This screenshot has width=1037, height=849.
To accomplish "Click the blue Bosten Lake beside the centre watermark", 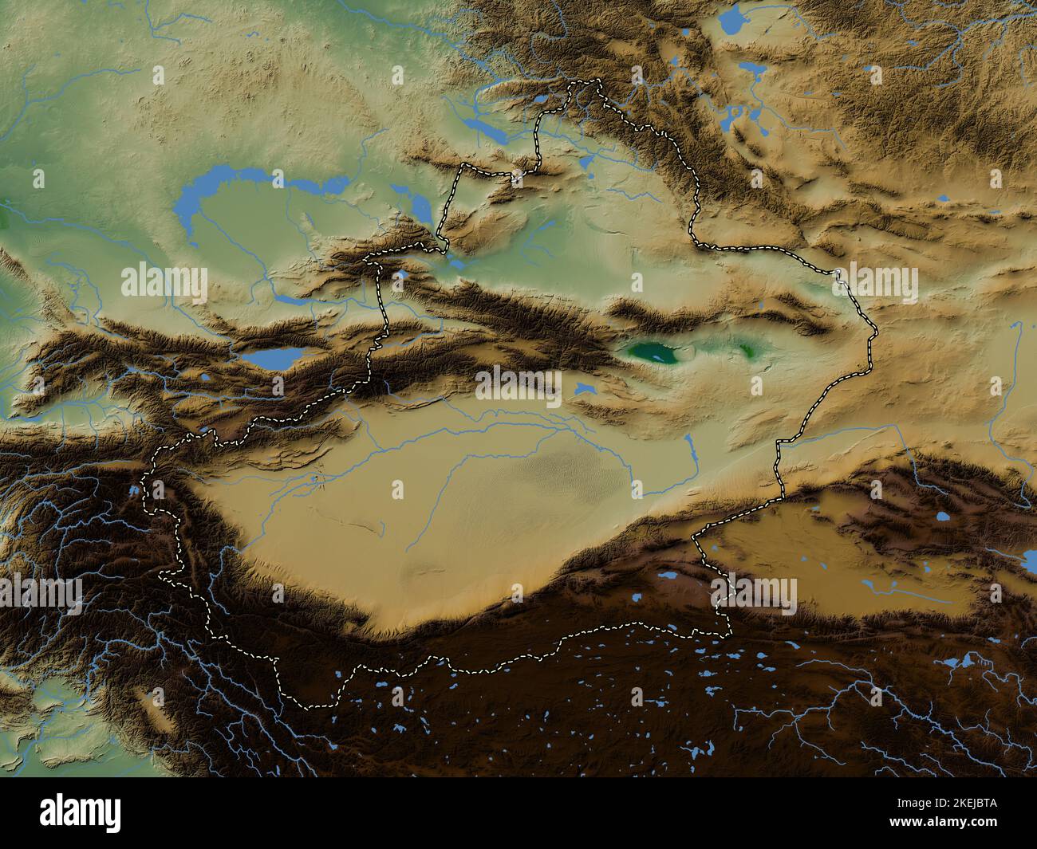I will coord(585,389).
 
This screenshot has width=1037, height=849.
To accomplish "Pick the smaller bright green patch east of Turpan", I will coord(747,348).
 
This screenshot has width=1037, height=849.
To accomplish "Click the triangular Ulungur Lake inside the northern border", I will coord(588,164).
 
